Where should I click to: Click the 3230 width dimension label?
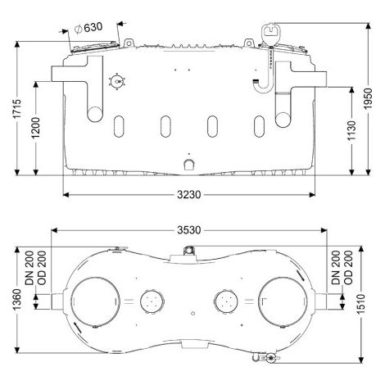(x=188, y=195)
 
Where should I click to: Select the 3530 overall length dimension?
(x=189, y=230)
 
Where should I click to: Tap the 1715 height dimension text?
(x=17, y=109)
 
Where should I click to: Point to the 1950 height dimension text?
(x=368, y=99)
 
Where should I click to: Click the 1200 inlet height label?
(x=36, y=128)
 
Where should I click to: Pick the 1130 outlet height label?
(x=351, y=130)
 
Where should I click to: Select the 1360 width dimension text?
(x=17, y=299)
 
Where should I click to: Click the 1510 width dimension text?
(x=360, y=304)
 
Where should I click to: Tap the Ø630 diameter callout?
(x=88, y=28)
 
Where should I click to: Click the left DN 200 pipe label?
(x=29, y=268)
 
